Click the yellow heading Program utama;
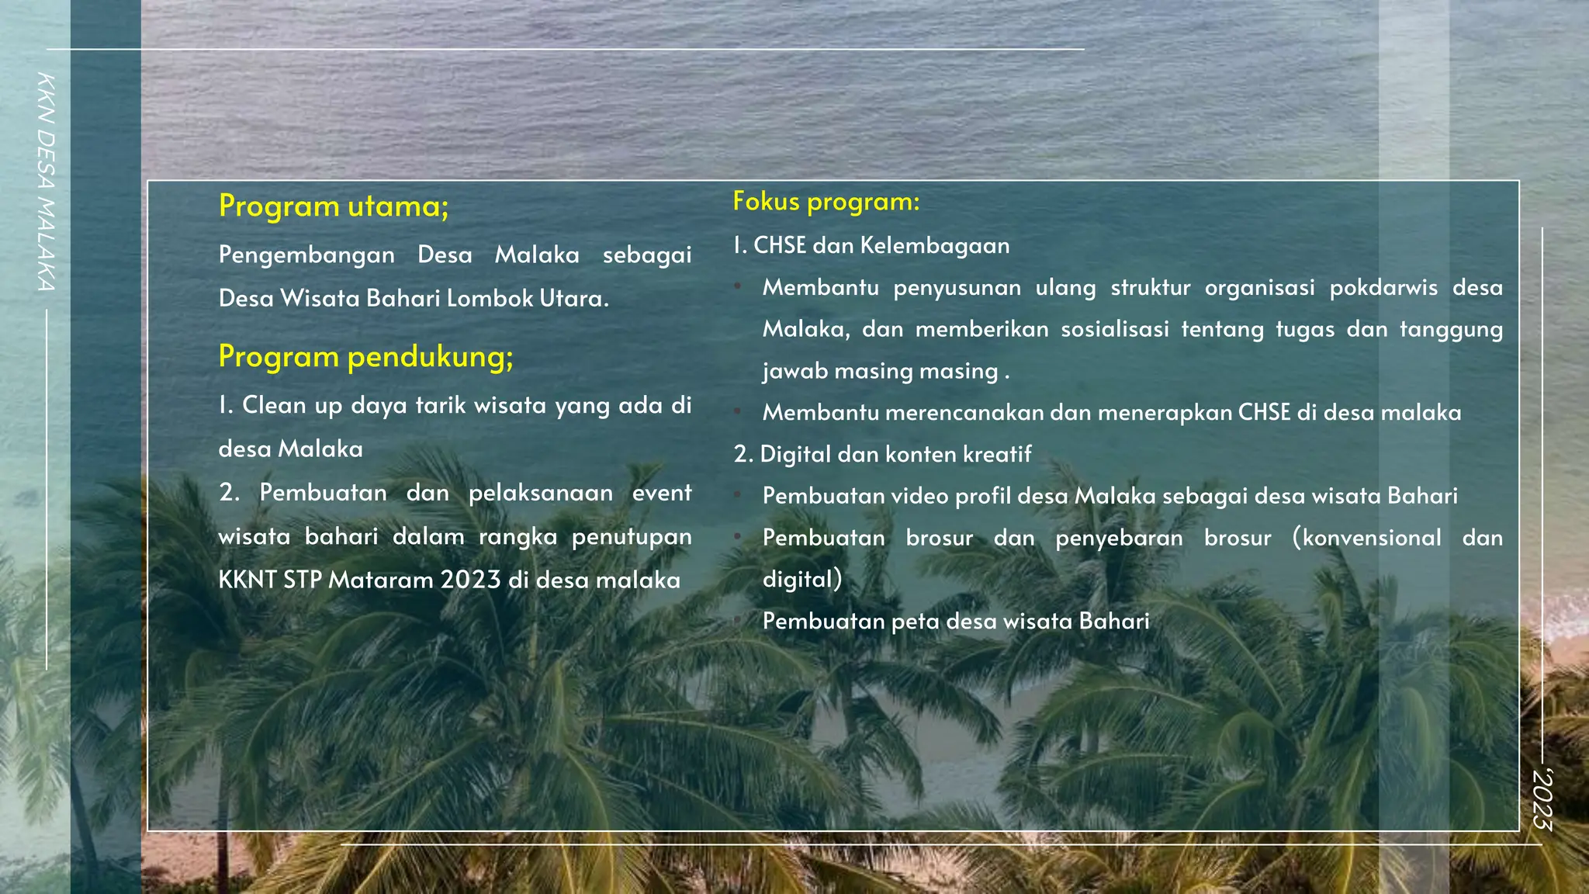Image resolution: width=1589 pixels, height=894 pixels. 334,206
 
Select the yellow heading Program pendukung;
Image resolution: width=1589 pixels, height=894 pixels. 365,357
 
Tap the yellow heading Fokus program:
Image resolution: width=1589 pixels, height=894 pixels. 826,202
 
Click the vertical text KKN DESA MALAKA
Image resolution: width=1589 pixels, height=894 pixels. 46,182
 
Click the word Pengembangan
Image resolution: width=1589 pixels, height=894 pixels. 306,255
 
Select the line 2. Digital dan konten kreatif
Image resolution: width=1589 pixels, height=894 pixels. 882,455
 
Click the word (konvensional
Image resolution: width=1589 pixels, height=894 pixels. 1366,538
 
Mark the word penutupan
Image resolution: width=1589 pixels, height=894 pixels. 632,537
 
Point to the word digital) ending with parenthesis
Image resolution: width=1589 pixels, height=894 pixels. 802,580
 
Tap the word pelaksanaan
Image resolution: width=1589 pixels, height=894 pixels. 541,493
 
